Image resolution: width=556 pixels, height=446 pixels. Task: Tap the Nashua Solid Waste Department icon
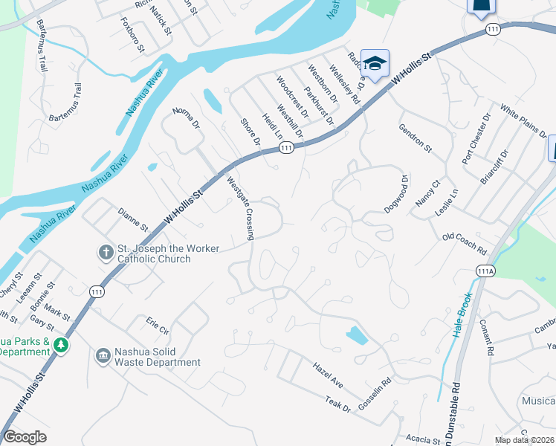click(103, 356)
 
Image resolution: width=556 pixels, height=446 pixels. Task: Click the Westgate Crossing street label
click(241, 209)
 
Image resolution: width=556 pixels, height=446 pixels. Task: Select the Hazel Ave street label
click(327, 373)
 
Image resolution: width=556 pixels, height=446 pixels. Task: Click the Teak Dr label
click(337, 404)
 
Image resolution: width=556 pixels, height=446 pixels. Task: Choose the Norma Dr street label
click(187, 120)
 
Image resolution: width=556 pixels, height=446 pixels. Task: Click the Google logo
click(25, 438)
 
